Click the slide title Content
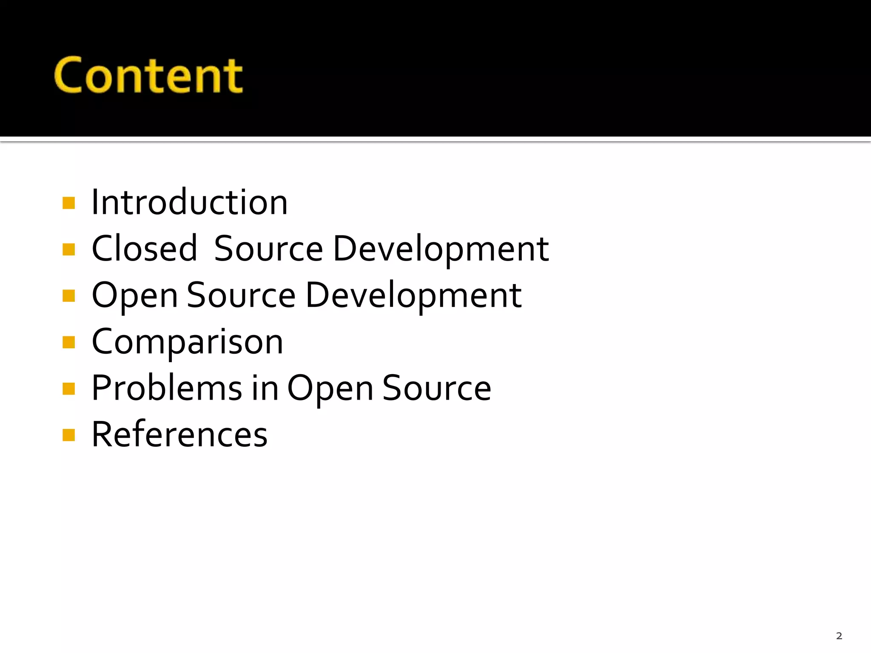(x=148, y=76)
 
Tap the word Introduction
(x=190, y=202)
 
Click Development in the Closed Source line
(x=441, y=249)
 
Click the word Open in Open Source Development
(x=134, y=296)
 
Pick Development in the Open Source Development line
(x=413, y=296)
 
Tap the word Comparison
(x=187, y=342)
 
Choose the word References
(x=179, y=434)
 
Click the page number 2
(x=839, y=636)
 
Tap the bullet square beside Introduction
(x=68, y=203)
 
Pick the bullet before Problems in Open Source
(x=68, y=389)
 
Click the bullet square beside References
(x=68, y=435)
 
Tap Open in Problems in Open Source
(x=330, y=389)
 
